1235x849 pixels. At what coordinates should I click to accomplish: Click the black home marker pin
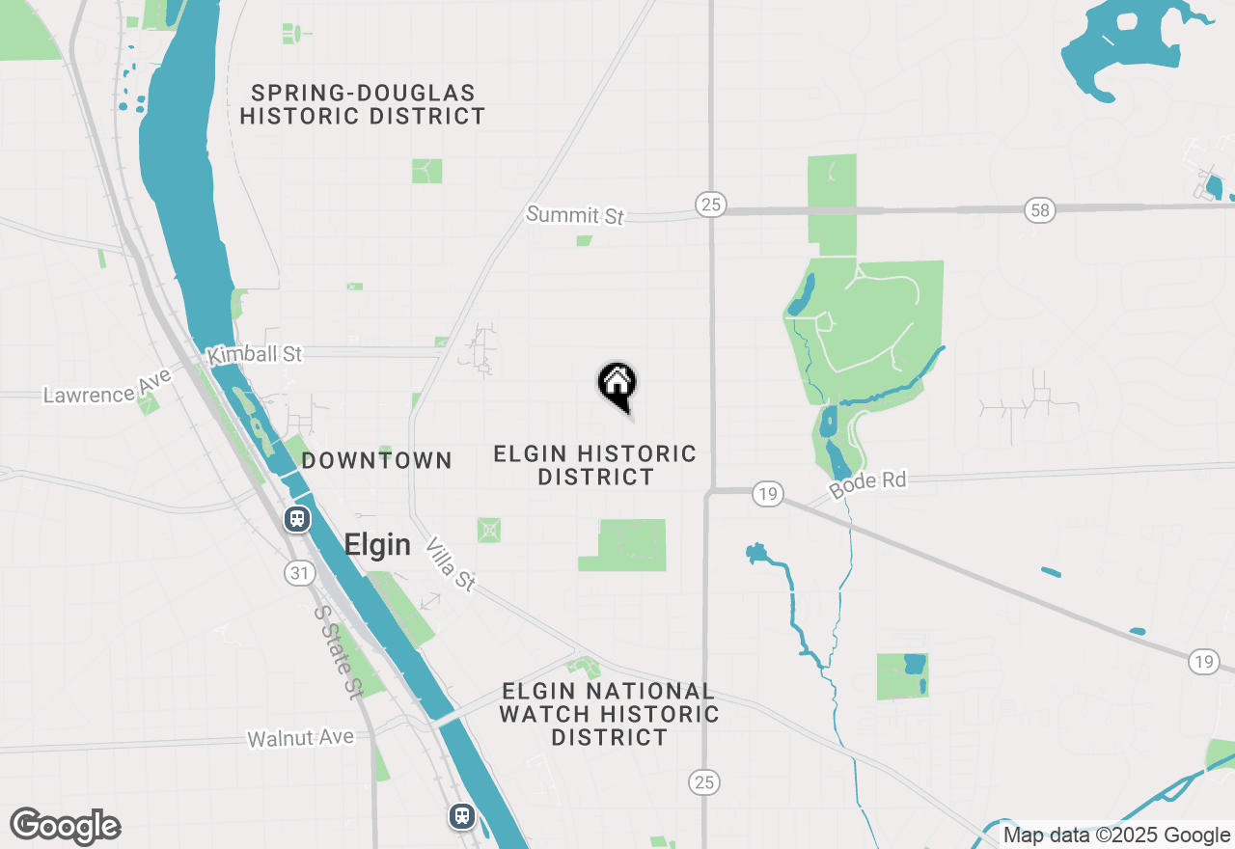coord(617,385)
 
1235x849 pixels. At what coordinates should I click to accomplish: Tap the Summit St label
coord(575,214)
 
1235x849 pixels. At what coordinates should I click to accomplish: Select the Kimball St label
coord(255,354)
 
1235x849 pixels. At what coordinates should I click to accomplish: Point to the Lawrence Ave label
coord(107,387)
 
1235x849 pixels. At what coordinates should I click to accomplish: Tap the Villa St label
coord(451,563)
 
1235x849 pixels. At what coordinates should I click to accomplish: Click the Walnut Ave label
coord(300,738)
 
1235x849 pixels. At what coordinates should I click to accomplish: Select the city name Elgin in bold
coord(377,545)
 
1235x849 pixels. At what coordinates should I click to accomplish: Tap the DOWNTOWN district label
coord(377,460)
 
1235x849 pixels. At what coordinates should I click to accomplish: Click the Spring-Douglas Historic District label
coord(363,105)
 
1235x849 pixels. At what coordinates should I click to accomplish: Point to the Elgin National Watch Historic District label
coord(609,714)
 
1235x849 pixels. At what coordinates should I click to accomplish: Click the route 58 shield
coord(1038,209)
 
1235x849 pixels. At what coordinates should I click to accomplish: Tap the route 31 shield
coord(300,573)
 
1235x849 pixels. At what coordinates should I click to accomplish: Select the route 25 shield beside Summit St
coord(710,204)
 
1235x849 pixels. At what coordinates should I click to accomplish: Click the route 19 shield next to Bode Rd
coord(767,494)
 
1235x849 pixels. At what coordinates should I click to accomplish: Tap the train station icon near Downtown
coord(297,519)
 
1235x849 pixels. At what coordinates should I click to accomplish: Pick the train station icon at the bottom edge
coord(462,816)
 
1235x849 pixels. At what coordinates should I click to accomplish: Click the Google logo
coord(66,826)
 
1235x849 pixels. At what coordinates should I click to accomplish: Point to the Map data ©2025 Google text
coord(1115,835)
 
